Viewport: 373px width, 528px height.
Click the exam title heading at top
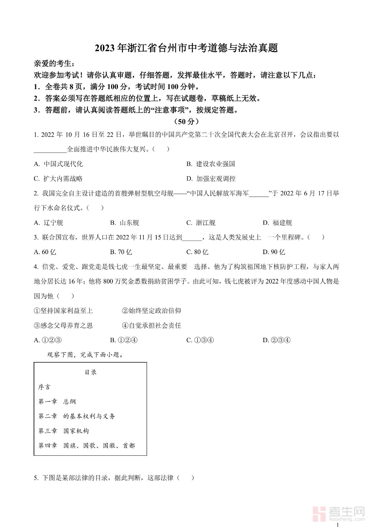pyautogui.click(x=186, y=48)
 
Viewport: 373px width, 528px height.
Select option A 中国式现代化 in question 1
pyautogui.click(x=58, y=164)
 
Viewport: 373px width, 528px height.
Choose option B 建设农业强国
pyautogui.click(x=211, y=164)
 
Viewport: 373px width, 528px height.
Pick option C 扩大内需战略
pyautogui.click(x=58, y=179)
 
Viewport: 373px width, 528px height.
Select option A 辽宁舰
pyautogui.click(x=48, y=223)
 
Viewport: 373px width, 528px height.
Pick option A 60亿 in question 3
pyautogui.click(x=45, y=252)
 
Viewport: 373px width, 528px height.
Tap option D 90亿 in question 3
pyautogui.click(x=274, y=252)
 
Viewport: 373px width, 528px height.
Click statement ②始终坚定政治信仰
pyautogui.click(x=151, y=311)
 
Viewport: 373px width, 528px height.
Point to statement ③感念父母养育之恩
pyautogui.click(x=63, y=326)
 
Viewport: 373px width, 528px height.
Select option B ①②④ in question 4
pyautogui.click(x=124, y=340)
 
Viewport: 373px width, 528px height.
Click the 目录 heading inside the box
pyautogui.click(x=91, y=372)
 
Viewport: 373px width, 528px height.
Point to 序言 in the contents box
pyautogui.click(x=44, y=387)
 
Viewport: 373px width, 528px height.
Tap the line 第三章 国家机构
pyautogui.click(x=64, y=431)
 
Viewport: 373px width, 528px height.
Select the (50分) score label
pyautogui.click(x=186, y=121)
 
